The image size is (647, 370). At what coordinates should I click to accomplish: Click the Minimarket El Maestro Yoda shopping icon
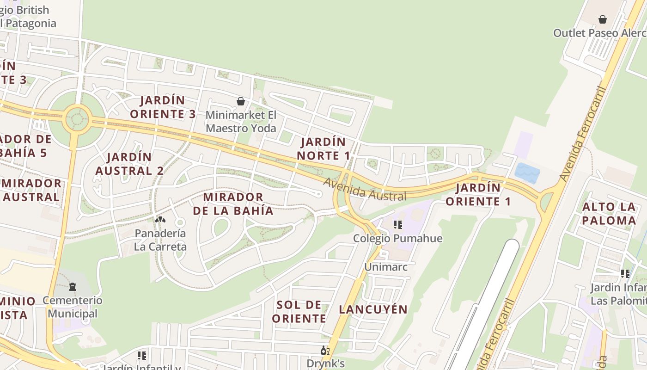pyautogui.click(x=241, y=101)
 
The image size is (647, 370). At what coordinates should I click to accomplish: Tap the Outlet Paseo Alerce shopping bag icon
pyautogui.click(x=603, y=19)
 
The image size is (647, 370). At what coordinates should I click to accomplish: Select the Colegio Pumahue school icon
pyautogui.click(x=397, y=225)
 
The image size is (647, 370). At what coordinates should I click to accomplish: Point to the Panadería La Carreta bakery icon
pyautogui.click(x=160, y=220)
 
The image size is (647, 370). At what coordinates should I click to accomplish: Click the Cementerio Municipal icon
pyautogui.click(x=73, y=287)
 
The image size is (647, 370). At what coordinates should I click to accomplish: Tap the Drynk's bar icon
pyautogui.click(x=325, y=351)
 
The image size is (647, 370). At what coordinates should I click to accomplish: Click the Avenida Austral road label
pyautogui.click(x=365, y=190)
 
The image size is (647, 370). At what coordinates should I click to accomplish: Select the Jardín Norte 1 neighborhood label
pyautogui.click(x=323, y=148)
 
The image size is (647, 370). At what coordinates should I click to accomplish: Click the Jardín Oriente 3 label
pyautogui.click(x=163, y=107)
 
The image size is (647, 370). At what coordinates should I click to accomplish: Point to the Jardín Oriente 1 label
pyautogui.click(x=478, y=195)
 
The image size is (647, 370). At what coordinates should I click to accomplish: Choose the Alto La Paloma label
pyautogui.click(x=609, y=213)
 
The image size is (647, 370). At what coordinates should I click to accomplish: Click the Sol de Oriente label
pyautogui.click(x=299, y=311)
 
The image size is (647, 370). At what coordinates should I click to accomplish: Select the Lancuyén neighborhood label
pyautogui.click(x=373, y=309)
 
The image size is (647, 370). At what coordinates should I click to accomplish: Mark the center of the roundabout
pyautogui.click(x=77, y=118)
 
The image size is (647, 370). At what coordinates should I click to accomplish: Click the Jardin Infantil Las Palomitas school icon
pyautogui.click(x=625, y=274)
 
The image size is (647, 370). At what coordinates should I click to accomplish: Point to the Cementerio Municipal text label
pyautogui.click(x=73, y=307)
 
